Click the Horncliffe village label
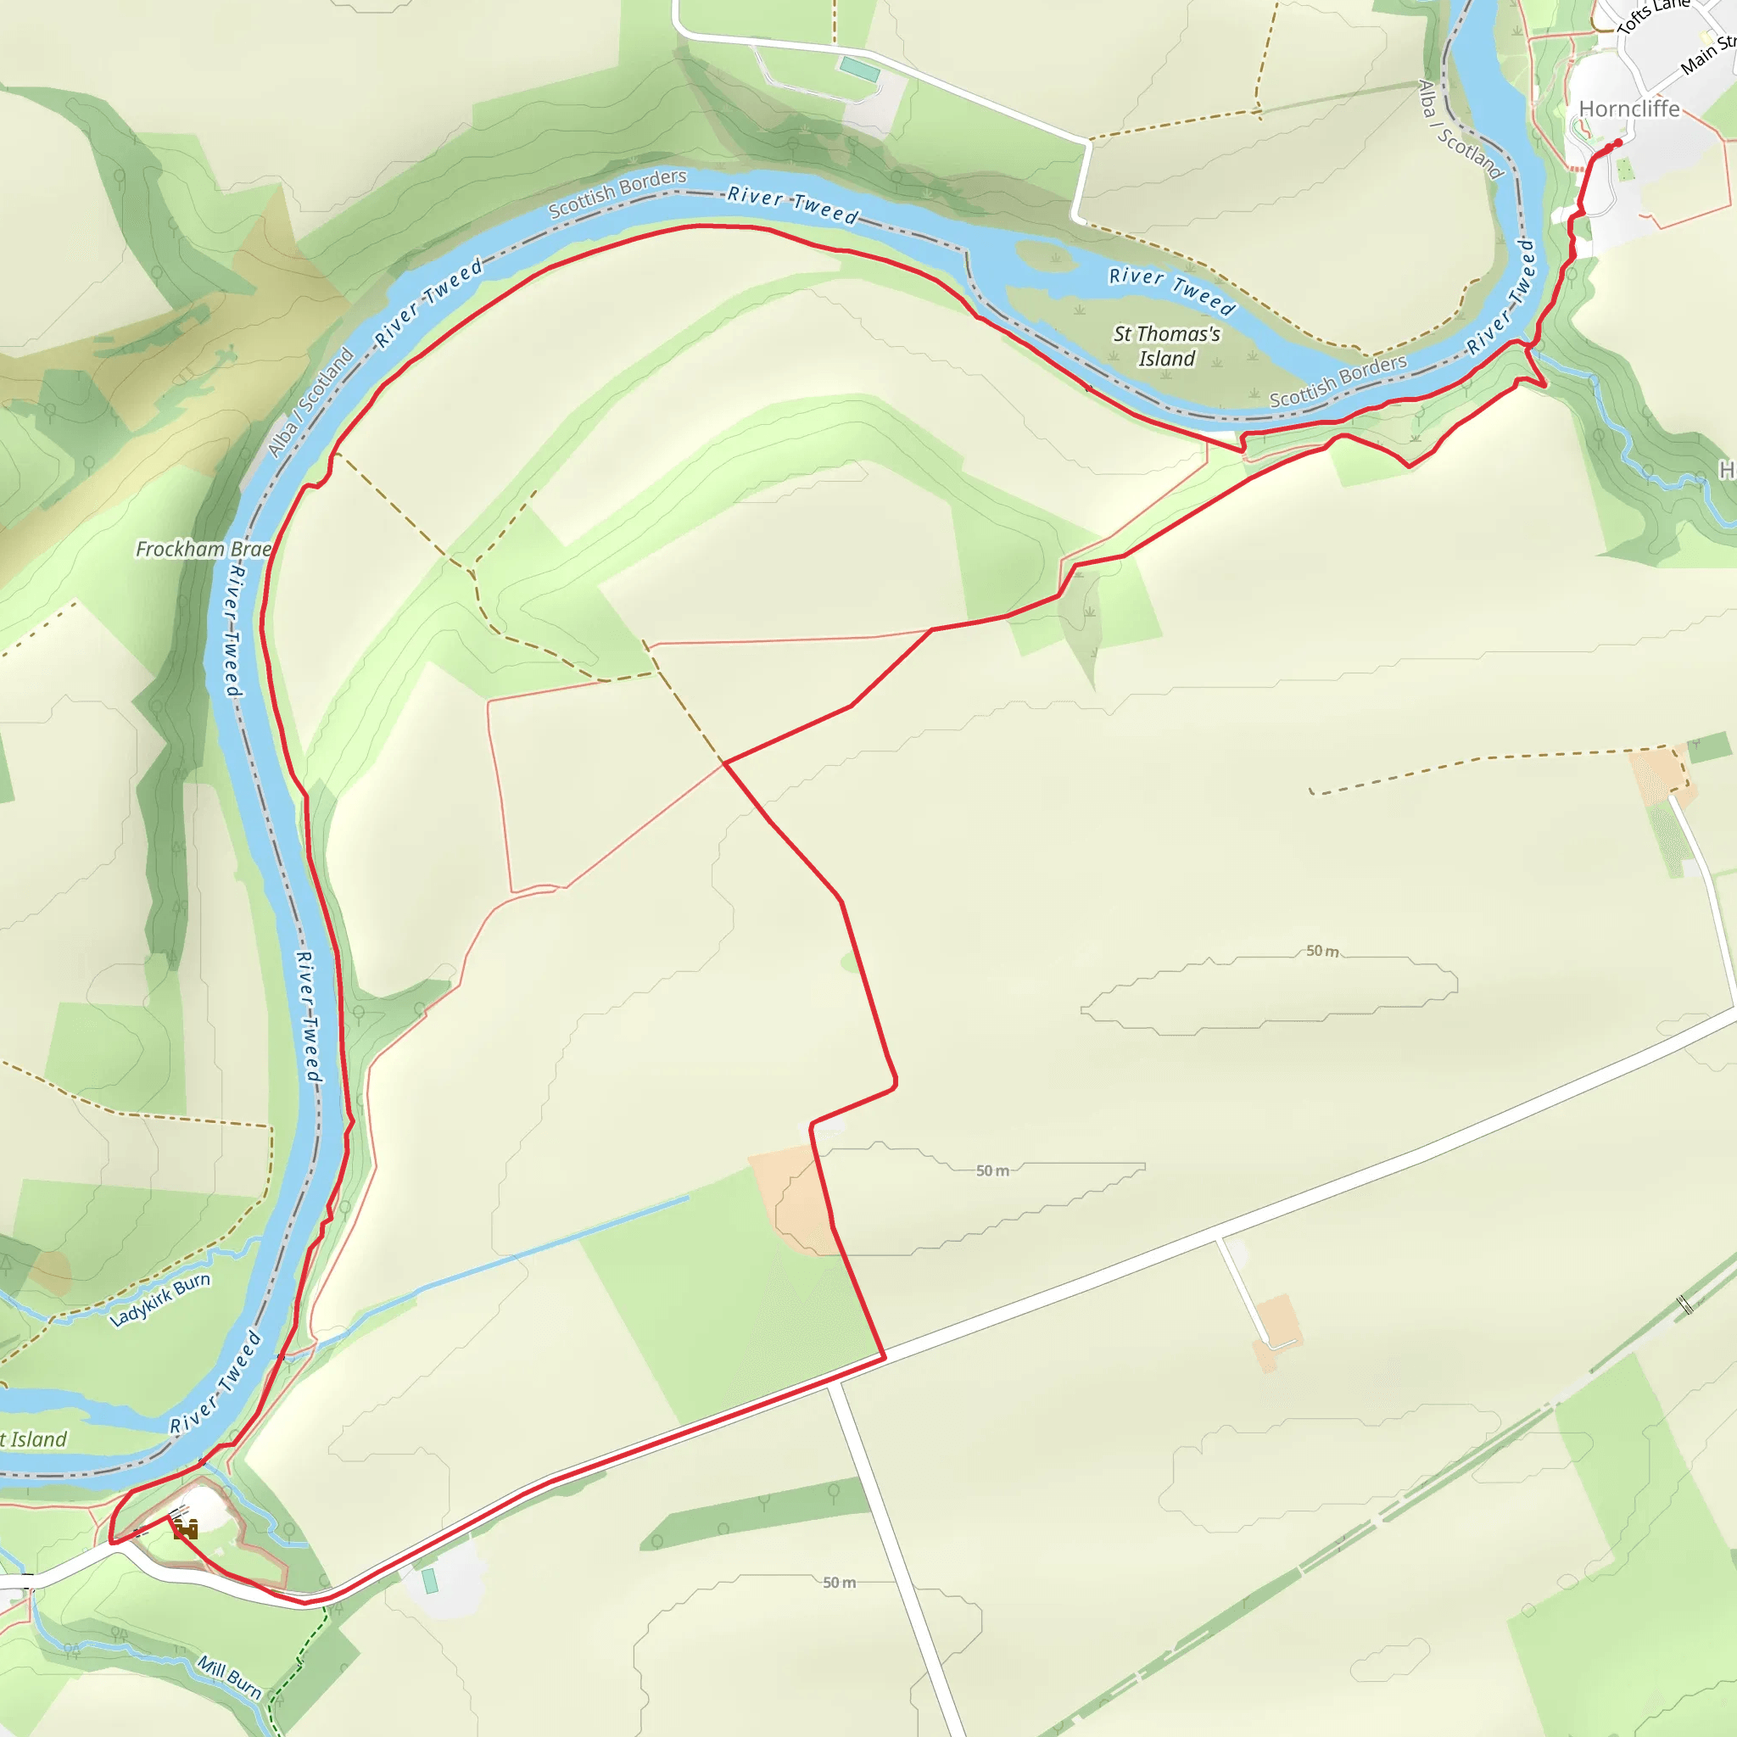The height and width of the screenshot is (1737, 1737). click(1629, 109)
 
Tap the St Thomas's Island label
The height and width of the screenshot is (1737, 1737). click(1167, 346)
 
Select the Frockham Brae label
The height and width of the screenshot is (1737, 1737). click(204, 549)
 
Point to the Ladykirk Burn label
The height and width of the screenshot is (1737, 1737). click(160, 1299)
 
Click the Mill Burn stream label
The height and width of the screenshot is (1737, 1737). click(230, 1678)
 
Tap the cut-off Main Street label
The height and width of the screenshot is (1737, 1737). click(1707, 54)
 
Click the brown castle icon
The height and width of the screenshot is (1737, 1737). click(186, 1528)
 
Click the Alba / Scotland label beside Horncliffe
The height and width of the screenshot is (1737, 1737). click(1461, 130)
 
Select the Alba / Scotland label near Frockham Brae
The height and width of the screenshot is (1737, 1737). click(311, 402)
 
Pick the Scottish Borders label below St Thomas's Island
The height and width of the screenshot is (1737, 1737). click(1338, 381)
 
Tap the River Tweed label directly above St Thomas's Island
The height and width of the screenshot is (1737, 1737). click(1171, 289)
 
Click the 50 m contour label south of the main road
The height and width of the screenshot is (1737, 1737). click(839, 1582)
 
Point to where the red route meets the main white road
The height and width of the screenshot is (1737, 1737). click(884, 1358)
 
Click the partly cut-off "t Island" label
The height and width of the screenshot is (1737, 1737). click(33, 1439)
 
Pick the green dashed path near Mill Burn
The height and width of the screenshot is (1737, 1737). click(286, 1681)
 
